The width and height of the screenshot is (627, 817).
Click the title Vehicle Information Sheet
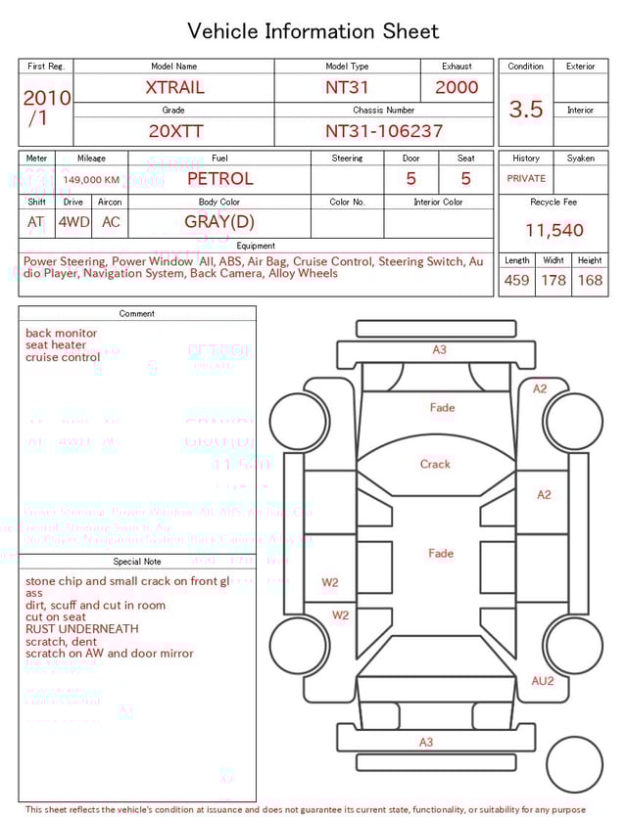tap(313, 31)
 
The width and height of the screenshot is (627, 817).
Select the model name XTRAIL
tap(174, 87)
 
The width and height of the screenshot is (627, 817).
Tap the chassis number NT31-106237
tap(384, 131)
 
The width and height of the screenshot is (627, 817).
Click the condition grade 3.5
tap(525, 110)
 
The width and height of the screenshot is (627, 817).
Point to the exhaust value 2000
tap(457, 87)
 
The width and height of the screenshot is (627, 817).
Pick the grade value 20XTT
tap(173, 131)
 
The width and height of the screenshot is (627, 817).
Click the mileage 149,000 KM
tap(91, 180)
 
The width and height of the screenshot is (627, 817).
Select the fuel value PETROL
tap(219, 179)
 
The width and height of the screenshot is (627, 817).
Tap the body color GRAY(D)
tap(218, 222)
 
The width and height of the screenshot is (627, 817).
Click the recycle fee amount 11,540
tap(554, 231)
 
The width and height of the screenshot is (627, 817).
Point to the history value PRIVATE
tap(526, 179)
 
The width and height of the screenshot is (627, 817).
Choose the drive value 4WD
tap(73, 222)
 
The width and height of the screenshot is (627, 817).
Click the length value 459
tap(516, 281)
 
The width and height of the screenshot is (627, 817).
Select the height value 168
tap(590, 281)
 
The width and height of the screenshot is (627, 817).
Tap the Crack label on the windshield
tap(435, 464)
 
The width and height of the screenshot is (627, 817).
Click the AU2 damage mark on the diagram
tap(542, 681)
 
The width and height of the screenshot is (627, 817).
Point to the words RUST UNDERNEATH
tap(82, 629)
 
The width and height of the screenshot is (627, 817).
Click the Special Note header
tap(137, 562)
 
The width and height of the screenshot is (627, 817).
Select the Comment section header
tap(137, 314)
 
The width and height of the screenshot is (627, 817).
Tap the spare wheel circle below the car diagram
tap(574, 765)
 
